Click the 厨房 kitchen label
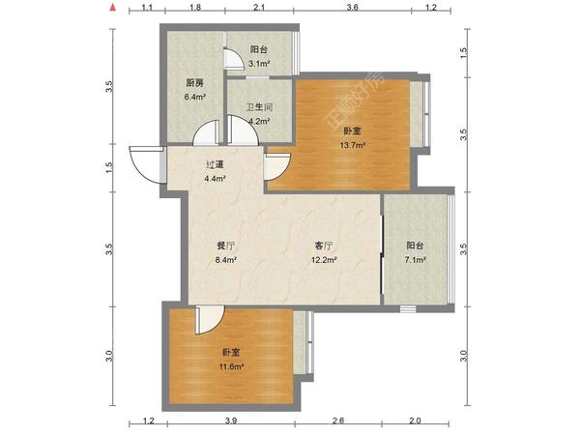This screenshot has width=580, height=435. pyautogui.click(x=194, y=83)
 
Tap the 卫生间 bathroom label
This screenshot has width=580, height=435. pyautogui.click(x=260, y=107)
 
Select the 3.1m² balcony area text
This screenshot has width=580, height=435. pyautogui.click(x=259, y=64)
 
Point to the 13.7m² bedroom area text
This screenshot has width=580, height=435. pyautogui.click(x=353, y=145)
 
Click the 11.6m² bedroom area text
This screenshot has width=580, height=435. pyautogui.click(x=231, y=367)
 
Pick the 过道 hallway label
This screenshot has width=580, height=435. pyautogui.click(x=215, y=164)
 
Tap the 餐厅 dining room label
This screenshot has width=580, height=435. pyautogui.click(x=225, y=246)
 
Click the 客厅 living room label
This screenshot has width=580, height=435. pyautogui.click(x=324, y=246)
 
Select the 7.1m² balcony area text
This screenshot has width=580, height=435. pyautogui.click(x=416, y=260)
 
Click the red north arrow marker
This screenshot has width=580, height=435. pyautogui.click(x=113, y=7)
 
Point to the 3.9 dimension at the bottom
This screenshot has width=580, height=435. pyautogui.click(x=231, y=420)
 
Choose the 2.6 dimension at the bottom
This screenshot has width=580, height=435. pyautogui.click(x=338, y=420)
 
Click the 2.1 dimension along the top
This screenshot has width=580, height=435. pyautogui.click(x=259, y=8)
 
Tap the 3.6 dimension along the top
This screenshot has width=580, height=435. pyautogui.click(x=352, y=8)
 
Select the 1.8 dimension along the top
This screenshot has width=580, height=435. pyautogui.click(x=195, y=8)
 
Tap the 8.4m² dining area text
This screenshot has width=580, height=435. pyautogui.click(x=225, y=260)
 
